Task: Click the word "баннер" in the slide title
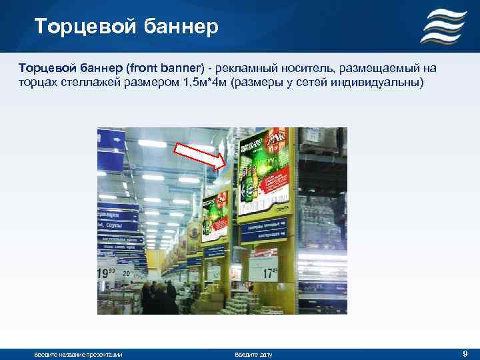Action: point(182,27)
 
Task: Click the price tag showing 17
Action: point(270,273)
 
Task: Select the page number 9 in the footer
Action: point(465,353)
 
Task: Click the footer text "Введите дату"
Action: point(253,354)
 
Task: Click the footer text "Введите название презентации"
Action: point(78,354)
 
